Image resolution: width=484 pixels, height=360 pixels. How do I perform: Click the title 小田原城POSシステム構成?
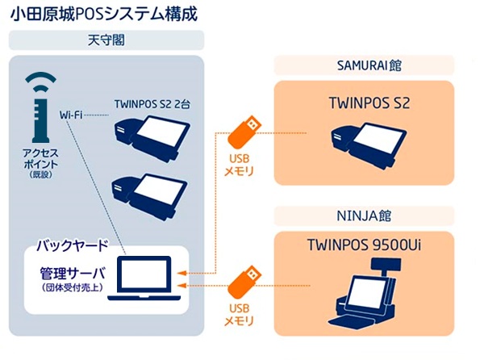point(97,14)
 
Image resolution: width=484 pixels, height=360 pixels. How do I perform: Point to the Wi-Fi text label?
point(72,115)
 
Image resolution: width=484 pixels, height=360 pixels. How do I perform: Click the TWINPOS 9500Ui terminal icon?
point(367,296)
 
